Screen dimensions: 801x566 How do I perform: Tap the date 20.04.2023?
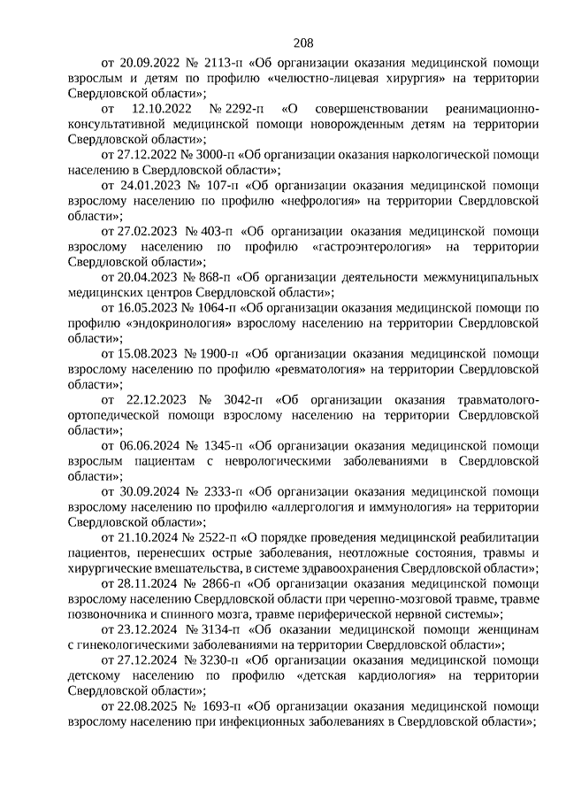pos(147,277)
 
